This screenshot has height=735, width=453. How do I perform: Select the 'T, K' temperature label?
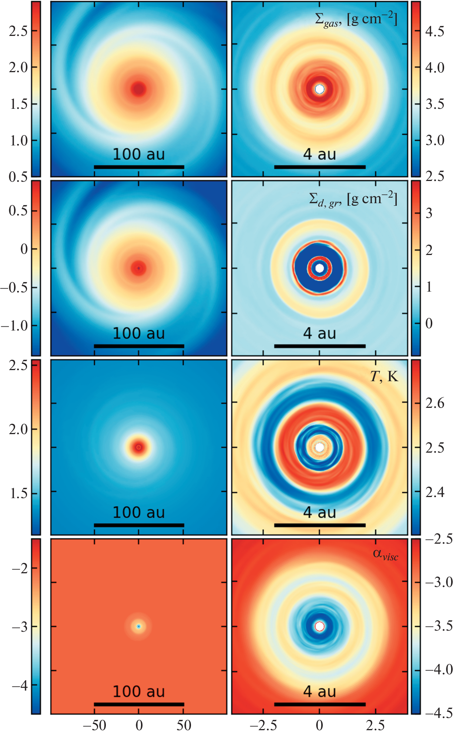coord(384,376)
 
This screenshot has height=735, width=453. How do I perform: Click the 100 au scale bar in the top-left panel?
coord(139,167)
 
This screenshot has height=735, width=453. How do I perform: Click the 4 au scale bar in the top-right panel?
coord(320,167)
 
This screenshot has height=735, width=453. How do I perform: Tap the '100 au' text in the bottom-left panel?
coord(139,691)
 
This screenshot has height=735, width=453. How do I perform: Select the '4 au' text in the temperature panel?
coord(320,513)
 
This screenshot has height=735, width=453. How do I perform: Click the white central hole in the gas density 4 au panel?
coord(320,89)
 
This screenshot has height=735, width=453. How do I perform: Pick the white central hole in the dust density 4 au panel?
coord(320,268)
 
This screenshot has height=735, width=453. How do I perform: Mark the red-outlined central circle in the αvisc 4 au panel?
coord(320,626)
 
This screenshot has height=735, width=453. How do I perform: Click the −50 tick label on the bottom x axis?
coord(94,725)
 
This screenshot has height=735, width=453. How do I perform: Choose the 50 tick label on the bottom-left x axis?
coord(184,725)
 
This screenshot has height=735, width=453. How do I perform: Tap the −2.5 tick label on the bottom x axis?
coord(264,725)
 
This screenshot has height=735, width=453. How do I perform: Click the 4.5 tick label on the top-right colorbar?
coord(435,31)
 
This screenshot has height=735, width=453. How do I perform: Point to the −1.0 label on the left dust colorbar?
coord(15,326)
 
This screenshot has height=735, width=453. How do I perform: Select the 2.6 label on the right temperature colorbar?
coord(435,403)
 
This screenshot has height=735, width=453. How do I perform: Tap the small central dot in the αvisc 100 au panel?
coord(139,626)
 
